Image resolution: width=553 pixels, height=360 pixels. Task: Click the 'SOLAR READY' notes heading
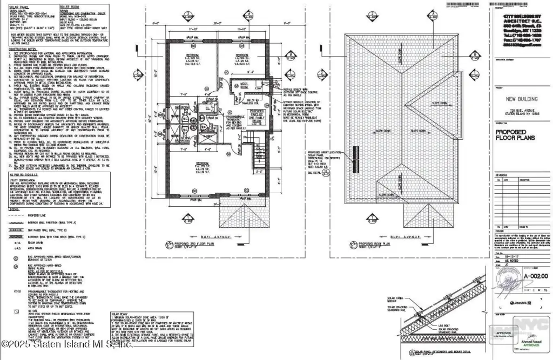pos(120,313)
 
